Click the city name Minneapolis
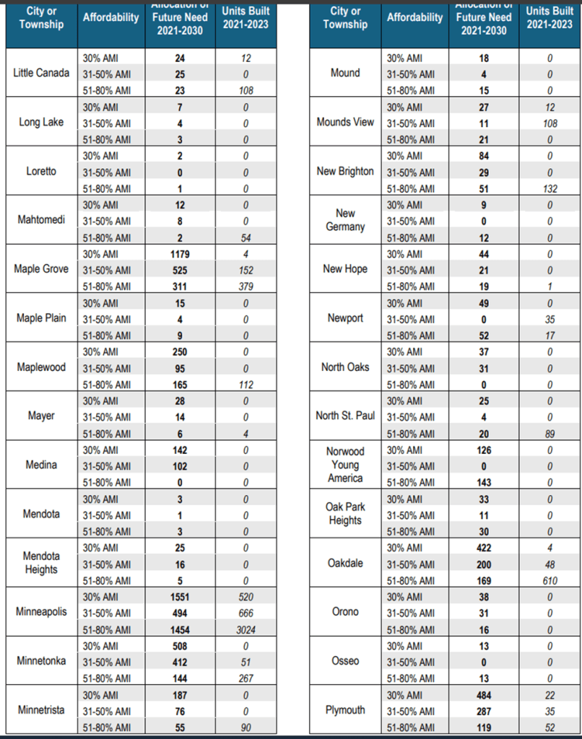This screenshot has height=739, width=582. (41, 612)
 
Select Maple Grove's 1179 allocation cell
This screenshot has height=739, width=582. (180, 254)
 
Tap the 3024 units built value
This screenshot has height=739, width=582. (246, 629)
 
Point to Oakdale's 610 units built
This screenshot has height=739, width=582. (550, 580)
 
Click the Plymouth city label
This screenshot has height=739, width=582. (345, 710)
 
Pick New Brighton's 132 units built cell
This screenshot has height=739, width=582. (550, 189)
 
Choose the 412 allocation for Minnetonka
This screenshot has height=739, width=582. (180, 663)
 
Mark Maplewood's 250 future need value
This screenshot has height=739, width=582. (180, 352)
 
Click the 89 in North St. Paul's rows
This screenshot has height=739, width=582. (550, 434)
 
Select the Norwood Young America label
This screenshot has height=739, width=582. (345, 465)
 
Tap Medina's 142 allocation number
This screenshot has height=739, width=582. (180, 450)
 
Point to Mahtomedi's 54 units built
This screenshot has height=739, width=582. (246, 238)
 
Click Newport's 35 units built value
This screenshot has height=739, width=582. (550, 320)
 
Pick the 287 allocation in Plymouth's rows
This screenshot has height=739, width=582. (484, 711)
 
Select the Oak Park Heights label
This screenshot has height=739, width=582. (345, 513)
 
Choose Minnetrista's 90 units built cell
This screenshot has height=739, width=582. (246, 727)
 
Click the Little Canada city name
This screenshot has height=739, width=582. (41, 73)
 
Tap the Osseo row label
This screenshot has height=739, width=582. (345, 661)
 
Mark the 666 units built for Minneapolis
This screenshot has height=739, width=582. (246, 613)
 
